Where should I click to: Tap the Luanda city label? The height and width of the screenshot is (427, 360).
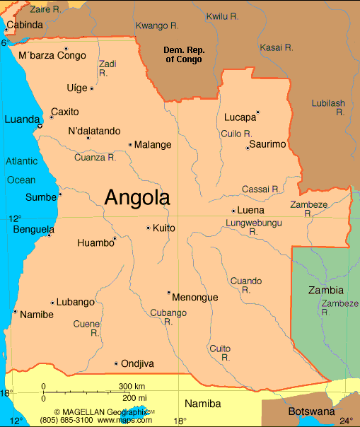pyautogui.click(x=21, y=120)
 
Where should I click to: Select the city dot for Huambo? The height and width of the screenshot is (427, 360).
pyautogui.click(x=114, y=238)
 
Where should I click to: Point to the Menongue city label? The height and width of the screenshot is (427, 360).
pyautogui.click(x=194, y=298)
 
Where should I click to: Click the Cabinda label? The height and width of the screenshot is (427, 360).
pyautogui.click(x=24, y=25)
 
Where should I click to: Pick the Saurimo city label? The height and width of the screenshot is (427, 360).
pyautogui.click(x=269, y=144)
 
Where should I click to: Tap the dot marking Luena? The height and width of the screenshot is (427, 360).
pyautogui.click(x=233, y=211)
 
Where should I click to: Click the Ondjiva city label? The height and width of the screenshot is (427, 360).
pyautogui.click(x=138, y=364)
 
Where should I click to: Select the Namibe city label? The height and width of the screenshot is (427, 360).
pyautogui.click(x=36, y=315)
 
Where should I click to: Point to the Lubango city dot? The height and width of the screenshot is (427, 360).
pyautogui.click(x=52, y=303)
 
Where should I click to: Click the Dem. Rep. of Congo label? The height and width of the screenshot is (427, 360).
pyautogui.click(x=183, y=54)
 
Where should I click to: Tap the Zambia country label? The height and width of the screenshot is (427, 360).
pyautogui.click(x=326, y=291)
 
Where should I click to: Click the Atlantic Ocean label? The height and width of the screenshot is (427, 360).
pyautogui.click(x=21, y=170)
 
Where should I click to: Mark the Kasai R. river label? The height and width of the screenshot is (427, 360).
pyautogui.click(x=277, y=47)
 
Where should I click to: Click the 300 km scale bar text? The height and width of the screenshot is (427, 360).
pyautogui.click(x=132, y=386)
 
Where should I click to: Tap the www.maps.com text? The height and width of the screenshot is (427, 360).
pyautogui.click(x=125, y=420)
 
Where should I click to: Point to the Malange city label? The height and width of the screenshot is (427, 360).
pyautogui.click(x=153, y=145)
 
